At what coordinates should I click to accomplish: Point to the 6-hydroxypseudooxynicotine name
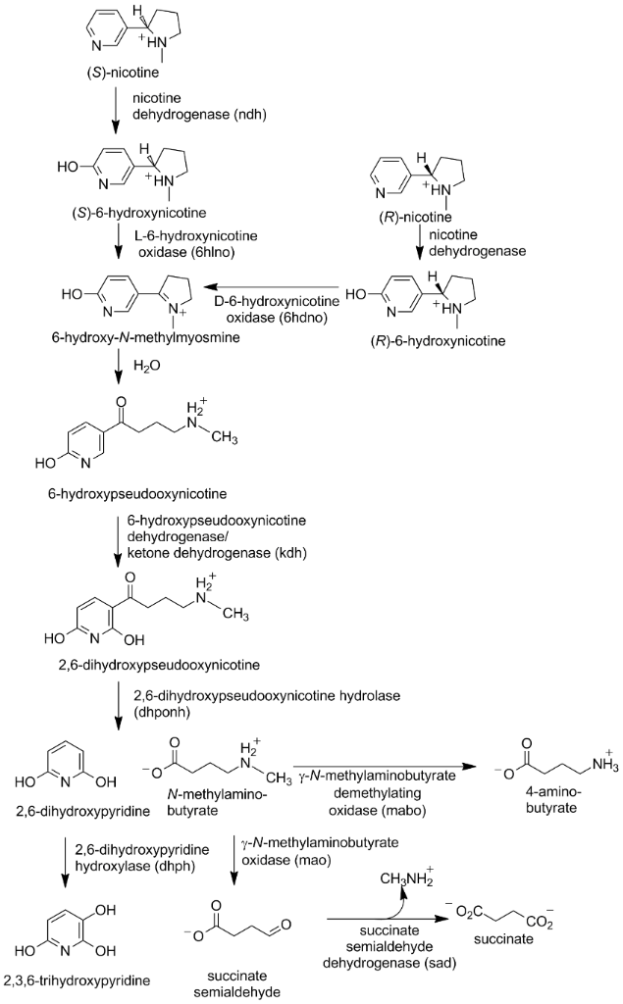click(x=124, y=488)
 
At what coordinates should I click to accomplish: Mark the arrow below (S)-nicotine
click(x=117, y=111)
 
